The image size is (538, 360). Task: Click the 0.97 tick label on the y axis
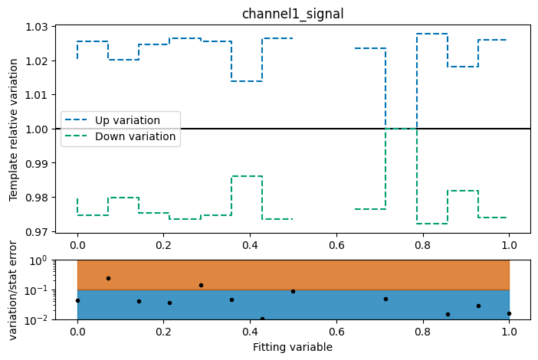click(x=36, y=231)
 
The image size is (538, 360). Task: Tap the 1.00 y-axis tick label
click(x=36, y=129)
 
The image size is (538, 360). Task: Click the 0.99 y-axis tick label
click(x=36, y=163)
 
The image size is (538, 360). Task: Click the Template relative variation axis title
click(x=14, y=129)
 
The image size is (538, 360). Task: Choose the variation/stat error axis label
click(x=14, y=290)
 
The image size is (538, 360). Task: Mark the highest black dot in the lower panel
click(x=108, y=278)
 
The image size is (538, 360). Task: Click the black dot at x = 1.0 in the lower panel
click(x=509, y=313)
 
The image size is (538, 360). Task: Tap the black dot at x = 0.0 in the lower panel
click(x=77, y=300)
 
